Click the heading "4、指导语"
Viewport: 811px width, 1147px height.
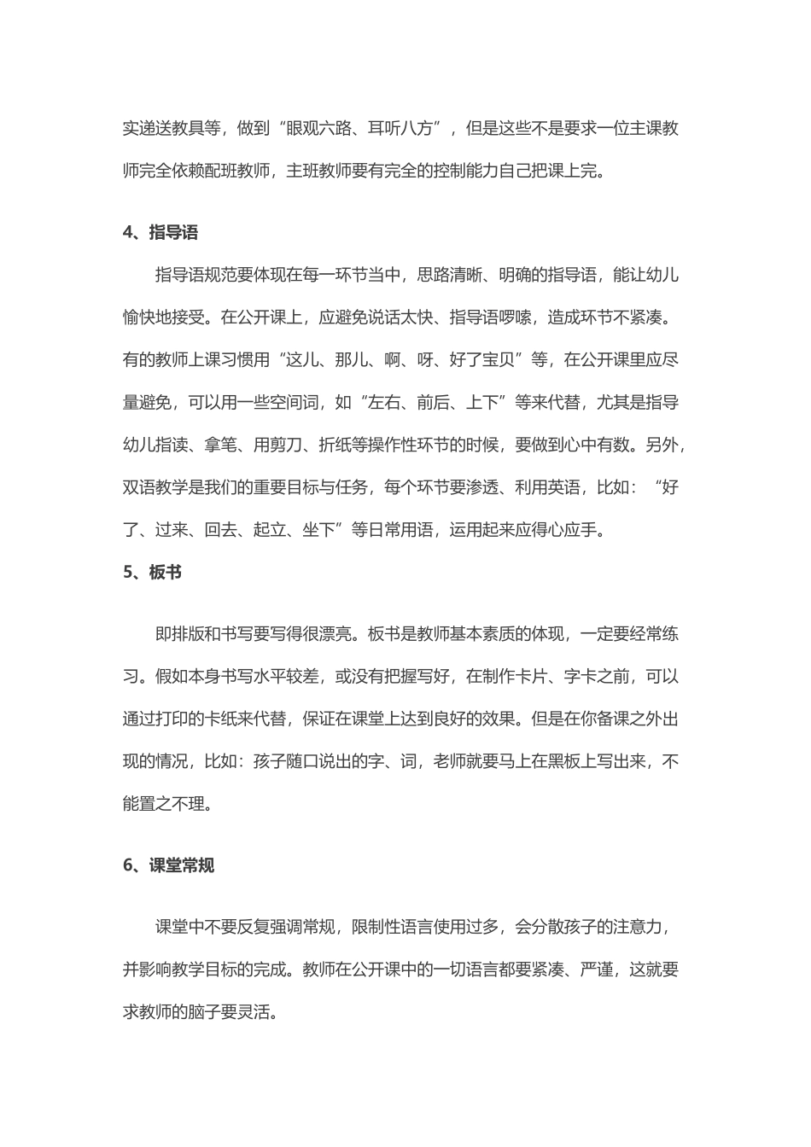[161, 232]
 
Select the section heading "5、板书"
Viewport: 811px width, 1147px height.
[153, 573]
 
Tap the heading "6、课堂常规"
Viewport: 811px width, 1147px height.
[169, 865]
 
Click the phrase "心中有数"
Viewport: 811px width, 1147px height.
[597, 445]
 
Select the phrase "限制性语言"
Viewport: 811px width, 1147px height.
[392, 927]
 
